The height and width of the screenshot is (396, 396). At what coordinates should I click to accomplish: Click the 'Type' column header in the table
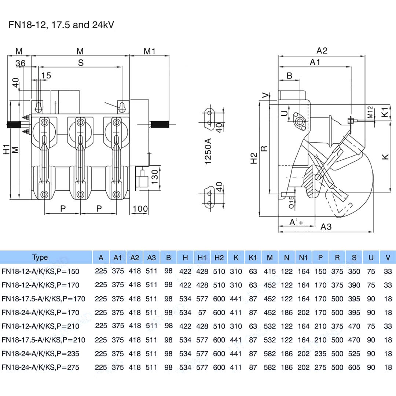pos(40,257)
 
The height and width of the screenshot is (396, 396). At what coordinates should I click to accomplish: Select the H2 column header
pos(219,258)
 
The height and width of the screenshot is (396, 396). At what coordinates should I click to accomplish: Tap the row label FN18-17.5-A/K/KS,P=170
pos(43,299)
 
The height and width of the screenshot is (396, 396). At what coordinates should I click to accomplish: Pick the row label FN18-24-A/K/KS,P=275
pos(40,367)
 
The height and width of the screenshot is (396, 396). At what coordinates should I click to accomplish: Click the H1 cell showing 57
pos(202,313)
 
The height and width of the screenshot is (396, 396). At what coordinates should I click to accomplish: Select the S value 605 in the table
pos(354,367)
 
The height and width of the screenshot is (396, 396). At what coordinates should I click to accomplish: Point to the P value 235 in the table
pos(320,353)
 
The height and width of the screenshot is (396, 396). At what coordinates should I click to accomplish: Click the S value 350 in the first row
pos(354,272)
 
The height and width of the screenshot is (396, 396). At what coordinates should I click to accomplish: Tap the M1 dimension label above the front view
pos(150,51)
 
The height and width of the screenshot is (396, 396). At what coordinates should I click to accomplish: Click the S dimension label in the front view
pos(81,63)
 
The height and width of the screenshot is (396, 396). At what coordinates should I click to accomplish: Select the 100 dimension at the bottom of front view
pos(140,209)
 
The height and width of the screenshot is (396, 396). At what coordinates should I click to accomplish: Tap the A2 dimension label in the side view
pos(322,51)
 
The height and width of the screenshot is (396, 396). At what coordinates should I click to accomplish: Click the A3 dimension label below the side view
pos(326,227)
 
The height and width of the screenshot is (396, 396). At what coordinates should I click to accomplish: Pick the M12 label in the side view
pos(370,112)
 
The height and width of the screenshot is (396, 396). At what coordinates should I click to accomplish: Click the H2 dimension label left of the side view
pos(254,158)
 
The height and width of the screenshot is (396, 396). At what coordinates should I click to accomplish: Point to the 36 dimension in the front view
pos(21,63)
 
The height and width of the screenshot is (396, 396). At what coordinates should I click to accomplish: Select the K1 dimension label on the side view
pos(385,112)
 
